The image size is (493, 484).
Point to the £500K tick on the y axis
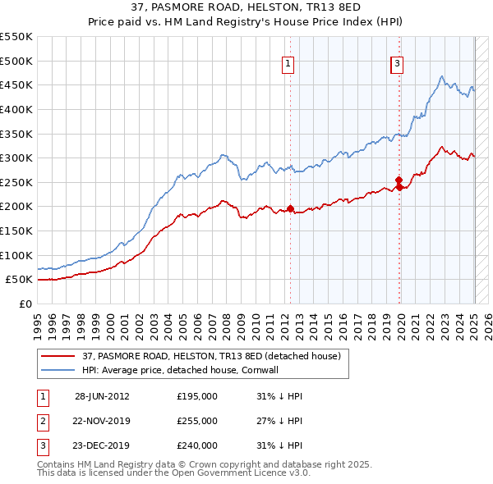(18, 61)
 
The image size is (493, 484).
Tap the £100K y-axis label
(18, 255)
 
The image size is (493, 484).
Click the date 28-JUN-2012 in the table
(102, 396)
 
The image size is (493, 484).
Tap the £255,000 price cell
(197, 421)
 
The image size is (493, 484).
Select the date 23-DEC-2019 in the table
(102, 445)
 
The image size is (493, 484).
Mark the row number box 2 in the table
(42, 421)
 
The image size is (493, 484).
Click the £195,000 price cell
(197, 396)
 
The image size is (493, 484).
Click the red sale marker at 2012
(291, 208)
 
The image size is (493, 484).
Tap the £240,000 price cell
(197, 445)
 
